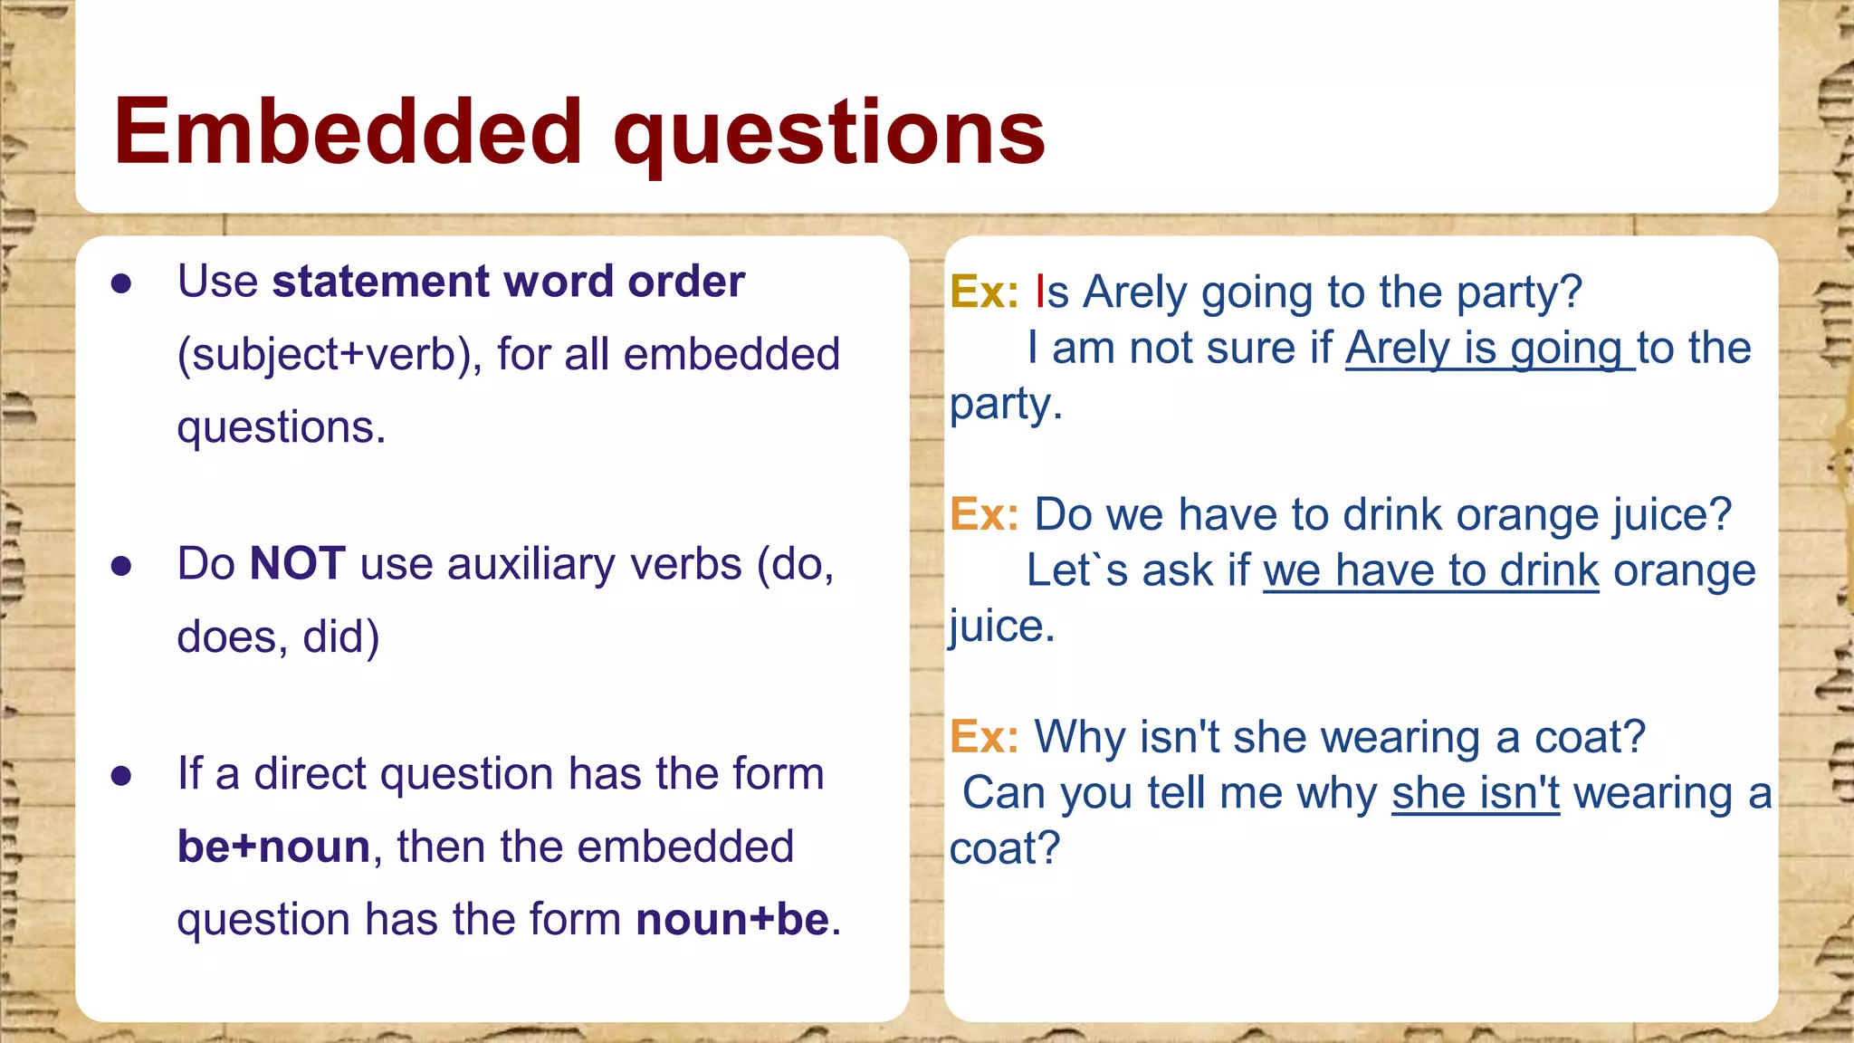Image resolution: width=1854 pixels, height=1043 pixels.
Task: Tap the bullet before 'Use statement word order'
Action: pyautogui.click(x=121, y=284)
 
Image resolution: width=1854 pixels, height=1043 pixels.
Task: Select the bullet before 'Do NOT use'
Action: pyautogui.click(x=121, y=567)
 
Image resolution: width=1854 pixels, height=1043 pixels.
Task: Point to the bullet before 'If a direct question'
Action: pyautogui.click(x=121, y=776)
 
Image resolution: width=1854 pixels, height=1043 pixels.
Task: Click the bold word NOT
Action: pyautogui.click(x=297, y=564)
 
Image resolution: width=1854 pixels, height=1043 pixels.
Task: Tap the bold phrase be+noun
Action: pyautogui.click(x=273, y=847)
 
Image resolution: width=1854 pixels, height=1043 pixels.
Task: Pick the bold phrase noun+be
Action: pyautogui.click(x=732, y=920)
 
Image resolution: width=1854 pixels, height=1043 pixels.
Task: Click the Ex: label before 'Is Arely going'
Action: pyautogui.click(x=984, y=292)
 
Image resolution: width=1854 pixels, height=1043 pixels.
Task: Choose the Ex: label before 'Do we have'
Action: pyautogui.click(x=984, y=515)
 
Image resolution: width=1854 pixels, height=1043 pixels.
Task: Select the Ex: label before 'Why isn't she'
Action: pyautogui.click(x=984, y=737)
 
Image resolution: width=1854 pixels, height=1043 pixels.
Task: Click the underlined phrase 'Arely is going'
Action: pyautogui.click(x=1489, y=349)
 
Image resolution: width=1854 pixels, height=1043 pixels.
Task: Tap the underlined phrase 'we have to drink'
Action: pyautogui.click(x=1430, y=571)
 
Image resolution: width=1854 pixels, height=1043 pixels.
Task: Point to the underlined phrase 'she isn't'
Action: pyautogui.click(x=1476, y=794)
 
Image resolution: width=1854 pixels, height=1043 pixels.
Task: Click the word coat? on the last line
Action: pyautogui.click(x=1004, y=849)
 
